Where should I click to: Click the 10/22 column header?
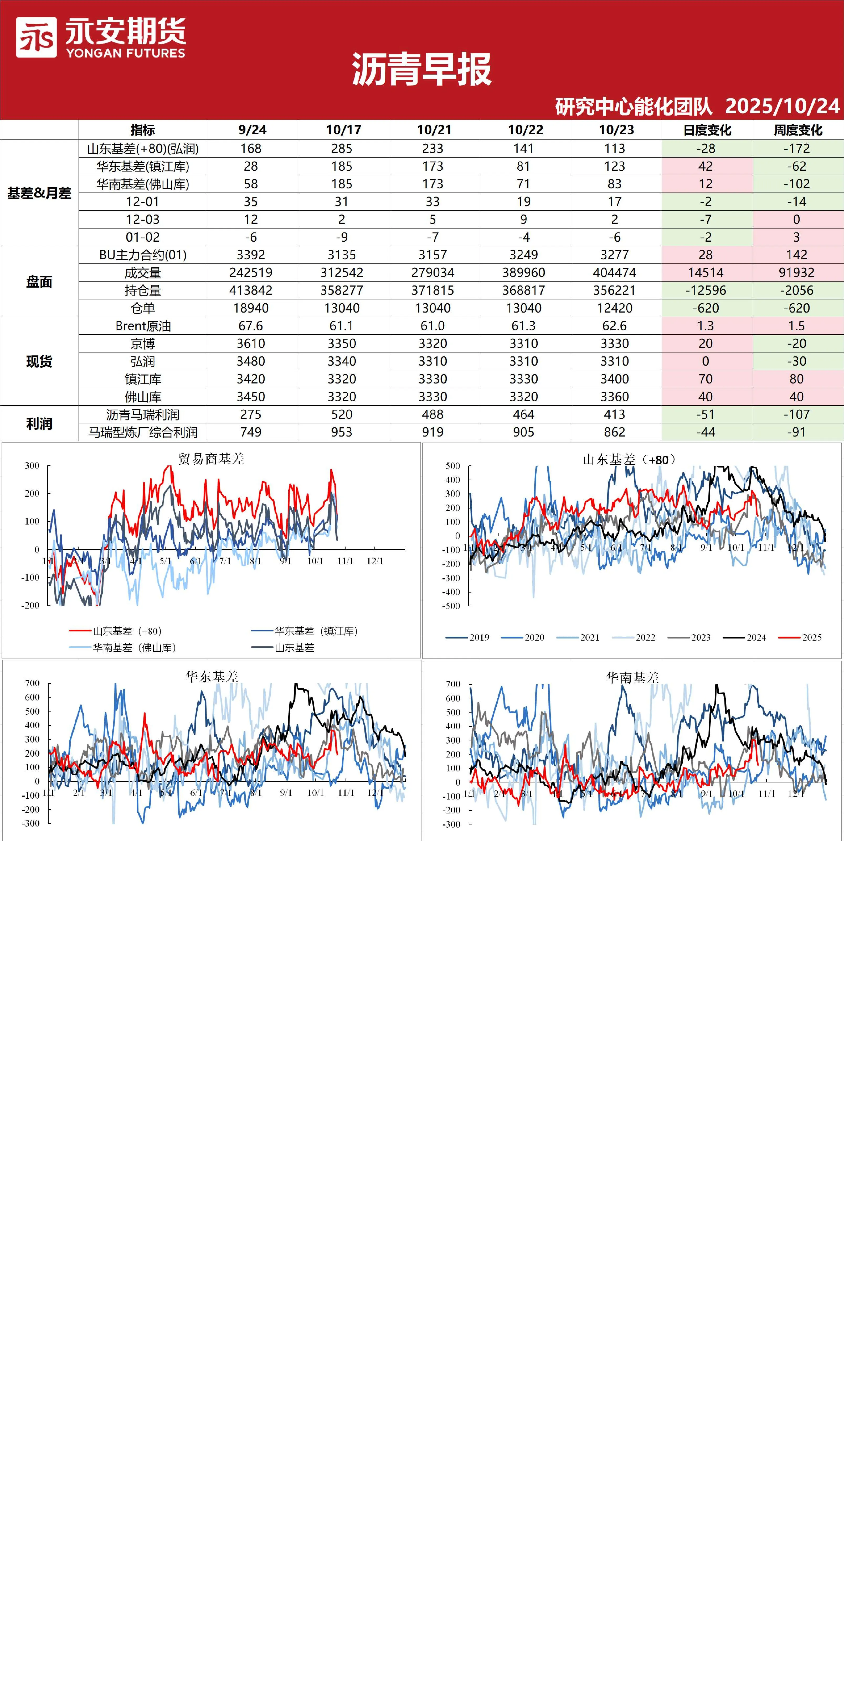pos(525,130)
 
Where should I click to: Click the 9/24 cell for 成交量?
pos(251,273)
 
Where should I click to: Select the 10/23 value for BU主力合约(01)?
pos(615,255)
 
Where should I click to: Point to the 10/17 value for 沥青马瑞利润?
pos(342,415)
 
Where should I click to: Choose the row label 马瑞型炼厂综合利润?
pos(143,432)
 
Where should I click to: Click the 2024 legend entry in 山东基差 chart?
pos(745,637)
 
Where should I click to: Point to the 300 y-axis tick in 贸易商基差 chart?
pos(32,466)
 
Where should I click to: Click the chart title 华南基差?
pos(632,678)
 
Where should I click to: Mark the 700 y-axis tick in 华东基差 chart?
pos(33,683)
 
